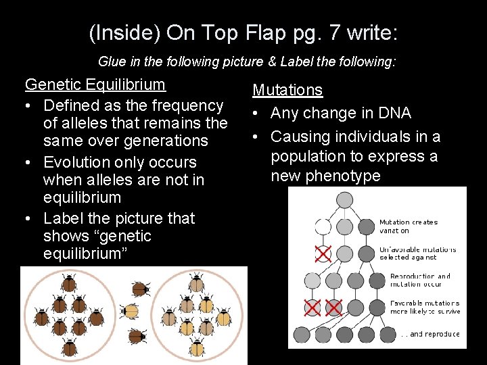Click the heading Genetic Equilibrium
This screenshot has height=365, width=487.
coord(95,84)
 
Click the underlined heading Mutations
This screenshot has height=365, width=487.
coord(287,90)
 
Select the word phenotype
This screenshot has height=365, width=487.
coord(344,176)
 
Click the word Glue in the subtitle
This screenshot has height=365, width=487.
coord(112,62)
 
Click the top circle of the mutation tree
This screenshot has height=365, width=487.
coord(345,199)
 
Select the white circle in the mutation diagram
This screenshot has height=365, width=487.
coord(323,226)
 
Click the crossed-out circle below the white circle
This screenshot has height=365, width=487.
coord(323,254)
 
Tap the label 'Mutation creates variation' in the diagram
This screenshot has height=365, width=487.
coord(408,226)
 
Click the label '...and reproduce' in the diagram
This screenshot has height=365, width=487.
coord(430,334)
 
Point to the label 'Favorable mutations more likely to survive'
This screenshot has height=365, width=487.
coord(425,308)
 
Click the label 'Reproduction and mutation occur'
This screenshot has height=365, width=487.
coord(420,281)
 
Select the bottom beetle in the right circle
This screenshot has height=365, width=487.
coord(197,349)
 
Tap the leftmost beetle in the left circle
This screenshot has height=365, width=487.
coord(41,317)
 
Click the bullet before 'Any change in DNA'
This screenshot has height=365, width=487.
coord(257,113)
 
